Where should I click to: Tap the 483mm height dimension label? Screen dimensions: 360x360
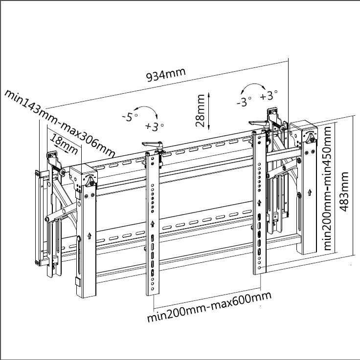[345, 191]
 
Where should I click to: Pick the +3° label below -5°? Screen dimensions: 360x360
[155, 127]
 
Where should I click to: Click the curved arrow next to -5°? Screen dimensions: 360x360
[147, 111]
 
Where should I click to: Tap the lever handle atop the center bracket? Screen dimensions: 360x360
[152, 145]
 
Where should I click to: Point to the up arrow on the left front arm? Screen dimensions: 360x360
[90, 235]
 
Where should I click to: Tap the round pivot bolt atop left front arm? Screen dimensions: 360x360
[91, 180]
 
